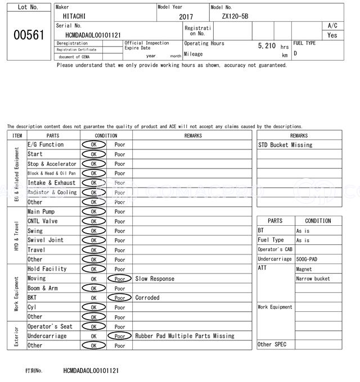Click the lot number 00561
[28, 35]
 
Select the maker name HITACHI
[75, 17]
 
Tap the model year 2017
[186, 17]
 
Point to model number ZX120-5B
[235, 17]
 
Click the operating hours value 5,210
[267, 46]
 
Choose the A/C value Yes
[332, 35]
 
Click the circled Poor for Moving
[119, 279]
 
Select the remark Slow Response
[155, 279]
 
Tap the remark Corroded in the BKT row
[147, 298]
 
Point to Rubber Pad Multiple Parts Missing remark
[184, 336]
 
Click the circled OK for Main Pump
[93, 212]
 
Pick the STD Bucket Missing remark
[285, 145]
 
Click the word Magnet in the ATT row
[304, 269]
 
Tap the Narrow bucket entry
[313, 279]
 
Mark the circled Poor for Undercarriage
[119, 336]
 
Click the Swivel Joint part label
[46, 240]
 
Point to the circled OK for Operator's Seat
[93, 326]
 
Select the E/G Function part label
[46, 144]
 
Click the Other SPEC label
[272, 344]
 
